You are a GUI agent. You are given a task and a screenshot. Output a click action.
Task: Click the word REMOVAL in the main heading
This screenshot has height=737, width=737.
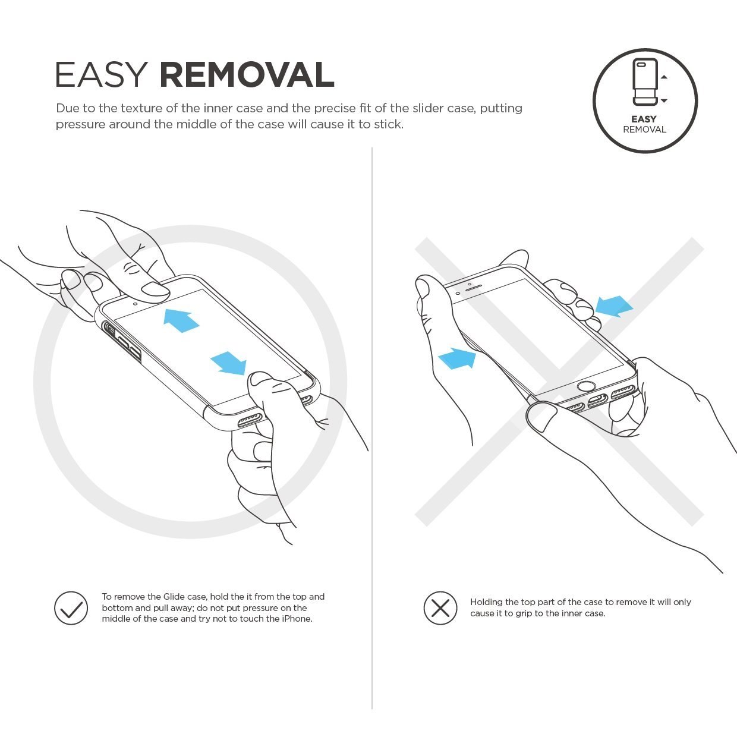pyautogui.click(x=247, y=74)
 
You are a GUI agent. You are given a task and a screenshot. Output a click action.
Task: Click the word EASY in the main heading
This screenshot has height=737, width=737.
pyautogui.click(x=102, y=74)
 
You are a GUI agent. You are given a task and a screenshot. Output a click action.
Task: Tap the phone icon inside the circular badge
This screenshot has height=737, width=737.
pyautogui.click(x=645, y=82)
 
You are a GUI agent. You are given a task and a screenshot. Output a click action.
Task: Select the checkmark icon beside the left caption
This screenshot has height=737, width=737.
pyautogui.click(x=71, y=608)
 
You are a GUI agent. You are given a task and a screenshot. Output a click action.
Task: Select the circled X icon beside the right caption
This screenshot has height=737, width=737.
pyautogui.click(x=440, y=608)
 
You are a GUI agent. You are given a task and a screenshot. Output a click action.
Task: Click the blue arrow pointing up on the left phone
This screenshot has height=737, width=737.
pyautogui.click(x=181, y=320)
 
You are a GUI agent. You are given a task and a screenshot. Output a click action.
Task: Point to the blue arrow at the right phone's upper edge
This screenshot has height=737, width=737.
pyautogui.click(x=614, y=306)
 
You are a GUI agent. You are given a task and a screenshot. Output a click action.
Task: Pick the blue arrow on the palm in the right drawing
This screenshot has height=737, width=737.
pyautogui.click(x=457, y=358)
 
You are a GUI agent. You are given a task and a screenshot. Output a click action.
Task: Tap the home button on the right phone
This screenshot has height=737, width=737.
pyautogui.click(x=586, y=386)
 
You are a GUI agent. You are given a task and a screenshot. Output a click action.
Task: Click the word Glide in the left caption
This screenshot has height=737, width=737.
pyautogui.click(x=174, y=597)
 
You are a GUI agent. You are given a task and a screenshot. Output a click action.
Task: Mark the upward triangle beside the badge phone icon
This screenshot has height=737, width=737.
pyautogui.click(x=664, y=77)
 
